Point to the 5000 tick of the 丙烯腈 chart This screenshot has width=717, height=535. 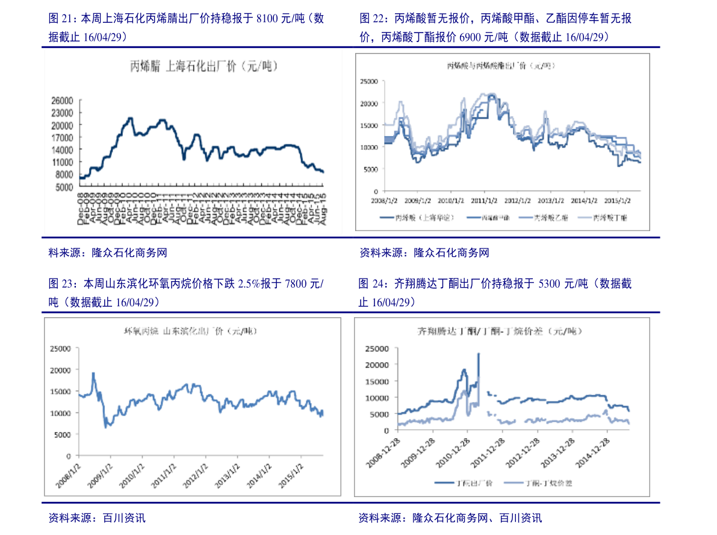click(63, 187)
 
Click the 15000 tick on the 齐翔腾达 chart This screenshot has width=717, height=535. click(377, 381)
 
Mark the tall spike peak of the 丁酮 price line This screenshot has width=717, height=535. click(479, 353)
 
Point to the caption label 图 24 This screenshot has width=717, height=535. click(371, 283)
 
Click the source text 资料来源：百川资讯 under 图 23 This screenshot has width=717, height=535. click(97, 518)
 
